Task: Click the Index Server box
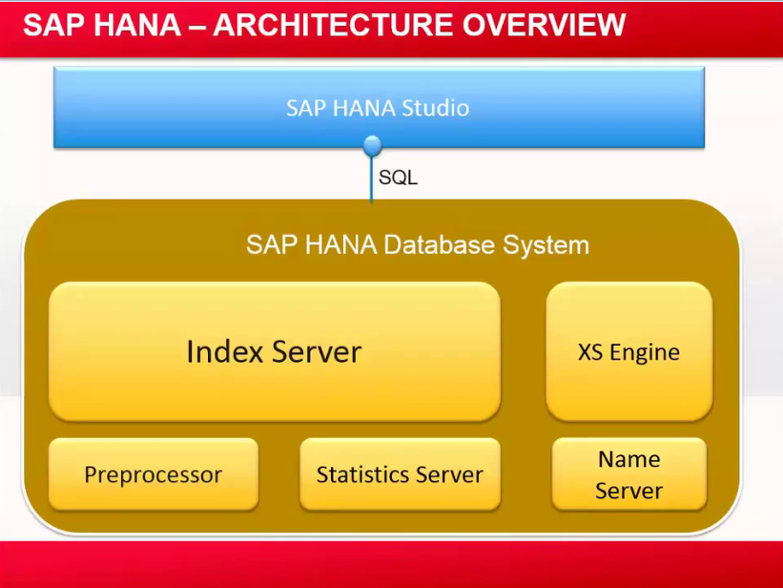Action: point(275,351)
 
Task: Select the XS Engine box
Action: point(628,351)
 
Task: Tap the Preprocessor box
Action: point(153,474)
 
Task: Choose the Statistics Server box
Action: point(400,474)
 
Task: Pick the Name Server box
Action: point(628,474)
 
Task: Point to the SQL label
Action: point(398,178)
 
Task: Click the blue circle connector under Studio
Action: point(373,146)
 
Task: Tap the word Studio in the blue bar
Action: point(435,108)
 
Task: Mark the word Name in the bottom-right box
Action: point(628,459)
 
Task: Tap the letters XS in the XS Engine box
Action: point(590,352)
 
